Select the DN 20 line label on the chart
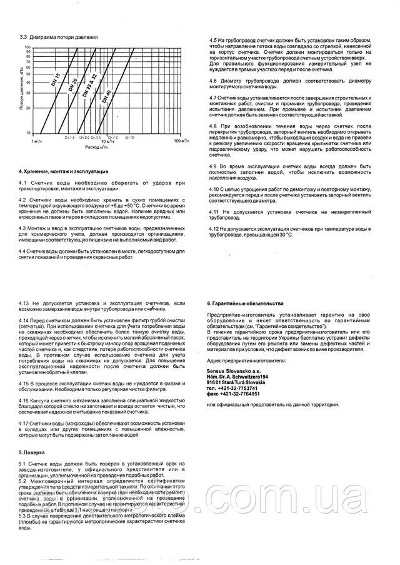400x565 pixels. (74, 84)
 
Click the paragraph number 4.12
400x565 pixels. (214, 230)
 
